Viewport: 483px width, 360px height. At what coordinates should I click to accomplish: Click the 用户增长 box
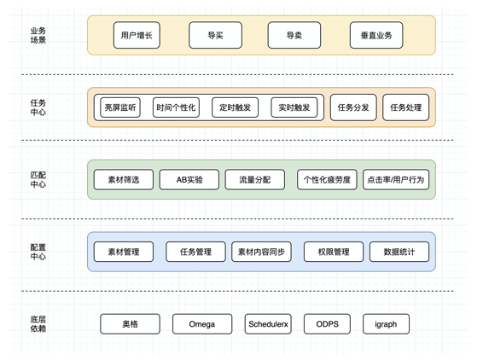pyautogui.click(x=137, y=35)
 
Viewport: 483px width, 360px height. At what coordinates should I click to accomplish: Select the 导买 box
pyautogui.click(x=215, y=35)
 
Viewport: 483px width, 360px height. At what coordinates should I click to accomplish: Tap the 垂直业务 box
pyautogui.click(x=376, y=35)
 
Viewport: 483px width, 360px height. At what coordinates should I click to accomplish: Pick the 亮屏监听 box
pyautogui.click(x=120, y=107)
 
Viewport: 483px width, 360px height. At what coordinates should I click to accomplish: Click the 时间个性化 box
pyautogui.click(x=176, y=107)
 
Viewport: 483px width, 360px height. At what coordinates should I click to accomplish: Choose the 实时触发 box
pyautogui.click(x=294, y=107)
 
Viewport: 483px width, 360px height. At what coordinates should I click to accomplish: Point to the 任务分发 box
pyautogui.click(x=353, y=107)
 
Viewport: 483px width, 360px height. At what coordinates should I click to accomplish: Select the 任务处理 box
pyautogui.click(x=405, y=107)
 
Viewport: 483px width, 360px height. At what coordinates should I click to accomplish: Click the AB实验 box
pyautogui.click(x=189, y=179)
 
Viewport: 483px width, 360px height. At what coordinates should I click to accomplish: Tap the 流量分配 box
pyautogui.click(x=255, y=179)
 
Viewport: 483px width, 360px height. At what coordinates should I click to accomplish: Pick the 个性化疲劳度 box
pyautogui.click(x=327, y=179)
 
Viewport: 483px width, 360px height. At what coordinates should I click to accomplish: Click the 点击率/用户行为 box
pyautogui.click(x=396, y=179)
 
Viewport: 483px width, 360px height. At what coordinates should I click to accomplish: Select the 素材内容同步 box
pyautogui.click(x=261, y=252)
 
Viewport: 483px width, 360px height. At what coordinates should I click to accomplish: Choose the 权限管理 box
pyautogui.click(x=334, y=252)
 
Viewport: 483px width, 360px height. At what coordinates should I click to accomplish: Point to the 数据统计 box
pyautogui.click(x=399, y=252)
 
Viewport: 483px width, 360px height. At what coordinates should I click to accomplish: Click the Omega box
pyautogui.click(x=202, y=324)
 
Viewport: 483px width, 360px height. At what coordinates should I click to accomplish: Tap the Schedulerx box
pyautogui.click(x=268, y=324)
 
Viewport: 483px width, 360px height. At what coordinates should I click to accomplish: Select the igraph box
pyautogui.click(x=386, y=324)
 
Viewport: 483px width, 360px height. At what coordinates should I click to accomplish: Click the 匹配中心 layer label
pyautogui.click(x=38, y=179)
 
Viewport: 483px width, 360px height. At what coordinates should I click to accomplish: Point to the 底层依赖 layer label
pyautogui.click(x=38, y=324)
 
